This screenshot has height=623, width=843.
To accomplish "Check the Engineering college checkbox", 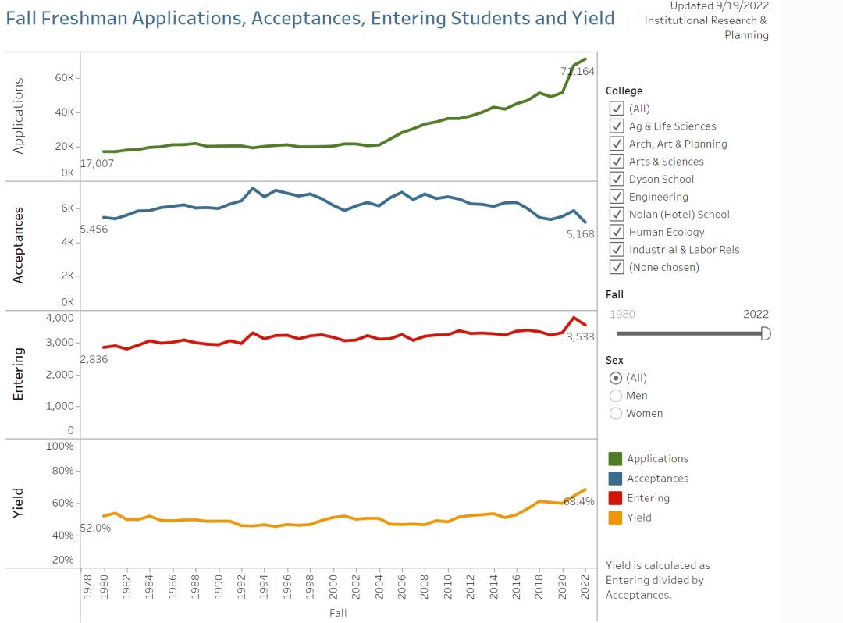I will coord(617,197).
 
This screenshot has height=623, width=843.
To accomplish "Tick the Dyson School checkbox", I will coord(617,179).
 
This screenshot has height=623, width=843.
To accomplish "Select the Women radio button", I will coord(616,413).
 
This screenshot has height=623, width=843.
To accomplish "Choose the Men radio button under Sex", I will coord(616,396).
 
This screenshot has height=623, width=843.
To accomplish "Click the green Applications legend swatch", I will coord(615,459).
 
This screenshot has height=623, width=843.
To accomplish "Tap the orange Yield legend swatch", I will coord(615,518).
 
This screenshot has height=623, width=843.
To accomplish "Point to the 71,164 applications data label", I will coord(578,71).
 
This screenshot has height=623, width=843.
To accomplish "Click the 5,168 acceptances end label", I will coord(581,233).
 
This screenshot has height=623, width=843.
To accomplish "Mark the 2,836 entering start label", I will coord(94,360).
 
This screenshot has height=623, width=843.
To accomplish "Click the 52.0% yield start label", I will coord(95,528).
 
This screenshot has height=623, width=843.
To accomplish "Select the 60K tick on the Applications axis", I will coord(64,78).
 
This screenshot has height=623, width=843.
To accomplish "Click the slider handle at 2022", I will coord(766,333).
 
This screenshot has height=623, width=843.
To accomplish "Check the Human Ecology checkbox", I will coord(617,232).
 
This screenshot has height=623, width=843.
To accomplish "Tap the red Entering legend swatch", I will coord(615,498).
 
